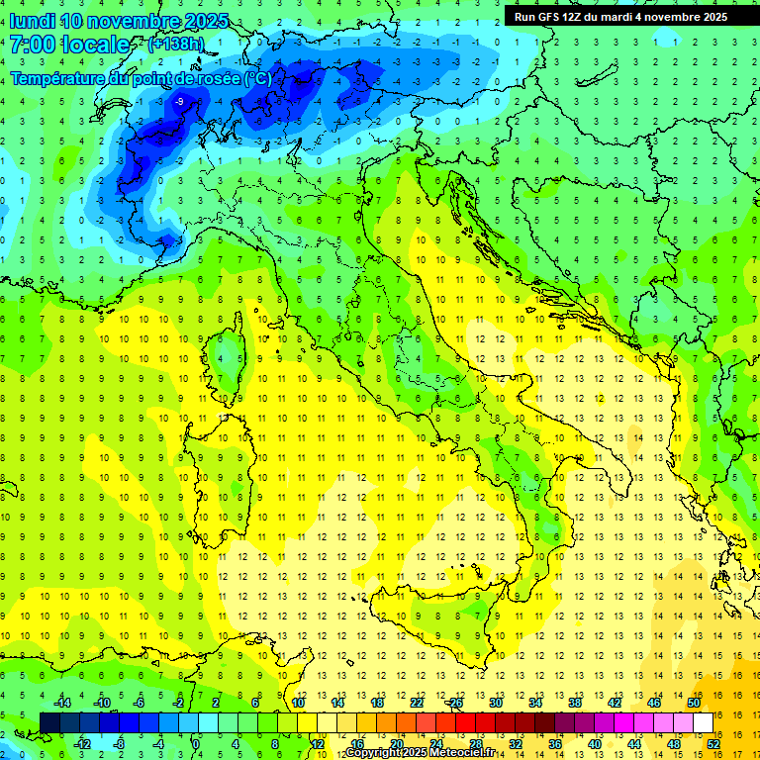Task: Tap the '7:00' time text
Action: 32,45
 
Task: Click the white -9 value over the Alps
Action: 179,102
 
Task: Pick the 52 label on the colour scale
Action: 713,744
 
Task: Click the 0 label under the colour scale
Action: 196,744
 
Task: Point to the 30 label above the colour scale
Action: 495,703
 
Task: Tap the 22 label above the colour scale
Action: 417,703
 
